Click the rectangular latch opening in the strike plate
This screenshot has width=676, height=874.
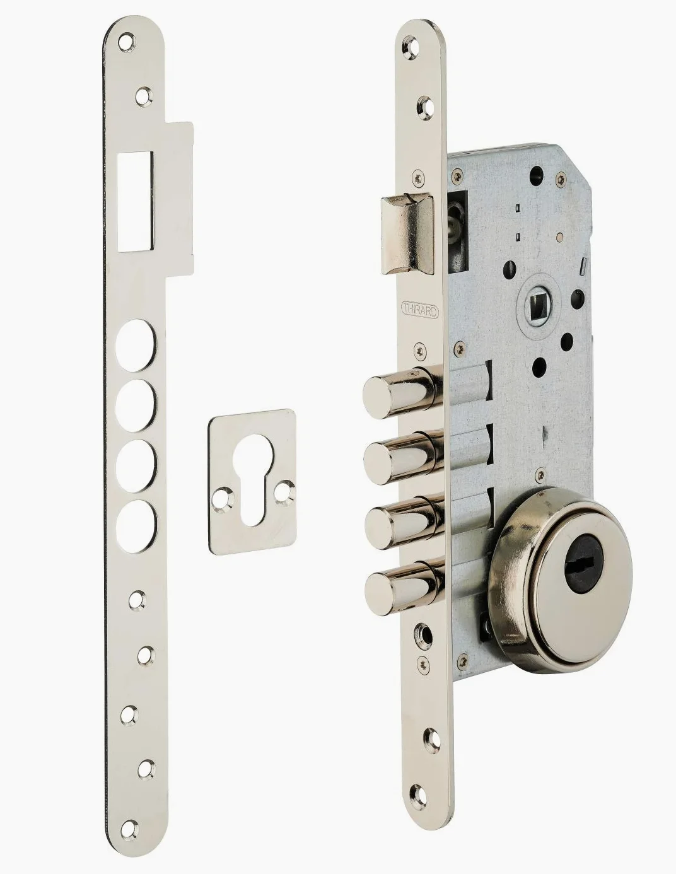point(136,201)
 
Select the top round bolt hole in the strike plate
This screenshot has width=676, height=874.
point(135,345)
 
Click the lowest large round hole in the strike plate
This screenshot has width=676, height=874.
point(136,526)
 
